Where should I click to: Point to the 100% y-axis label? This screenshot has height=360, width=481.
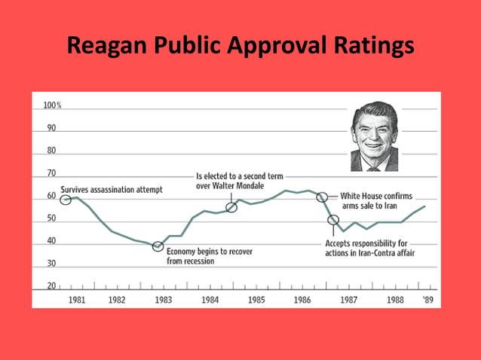point(51,105)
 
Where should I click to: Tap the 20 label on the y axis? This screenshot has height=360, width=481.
point(51,287)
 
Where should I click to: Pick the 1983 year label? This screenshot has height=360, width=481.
point(163,300)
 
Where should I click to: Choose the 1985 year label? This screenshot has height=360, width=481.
point(256,300)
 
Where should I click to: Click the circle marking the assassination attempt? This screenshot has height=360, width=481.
point(66,200)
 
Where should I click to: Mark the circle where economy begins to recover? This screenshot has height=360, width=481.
point(158,246)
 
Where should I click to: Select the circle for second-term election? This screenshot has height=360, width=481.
point(231,207)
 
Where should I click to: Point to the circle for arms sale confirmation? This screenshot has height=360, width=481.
point(322,197)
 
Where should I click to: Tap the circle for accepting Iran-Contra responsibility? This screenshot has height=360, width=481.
point(333,220)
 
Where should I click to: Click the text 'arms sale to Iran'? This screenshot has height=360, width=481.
point(369,206)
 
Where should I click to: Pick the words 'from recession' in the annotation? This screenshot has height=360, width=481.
point(191,261)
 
